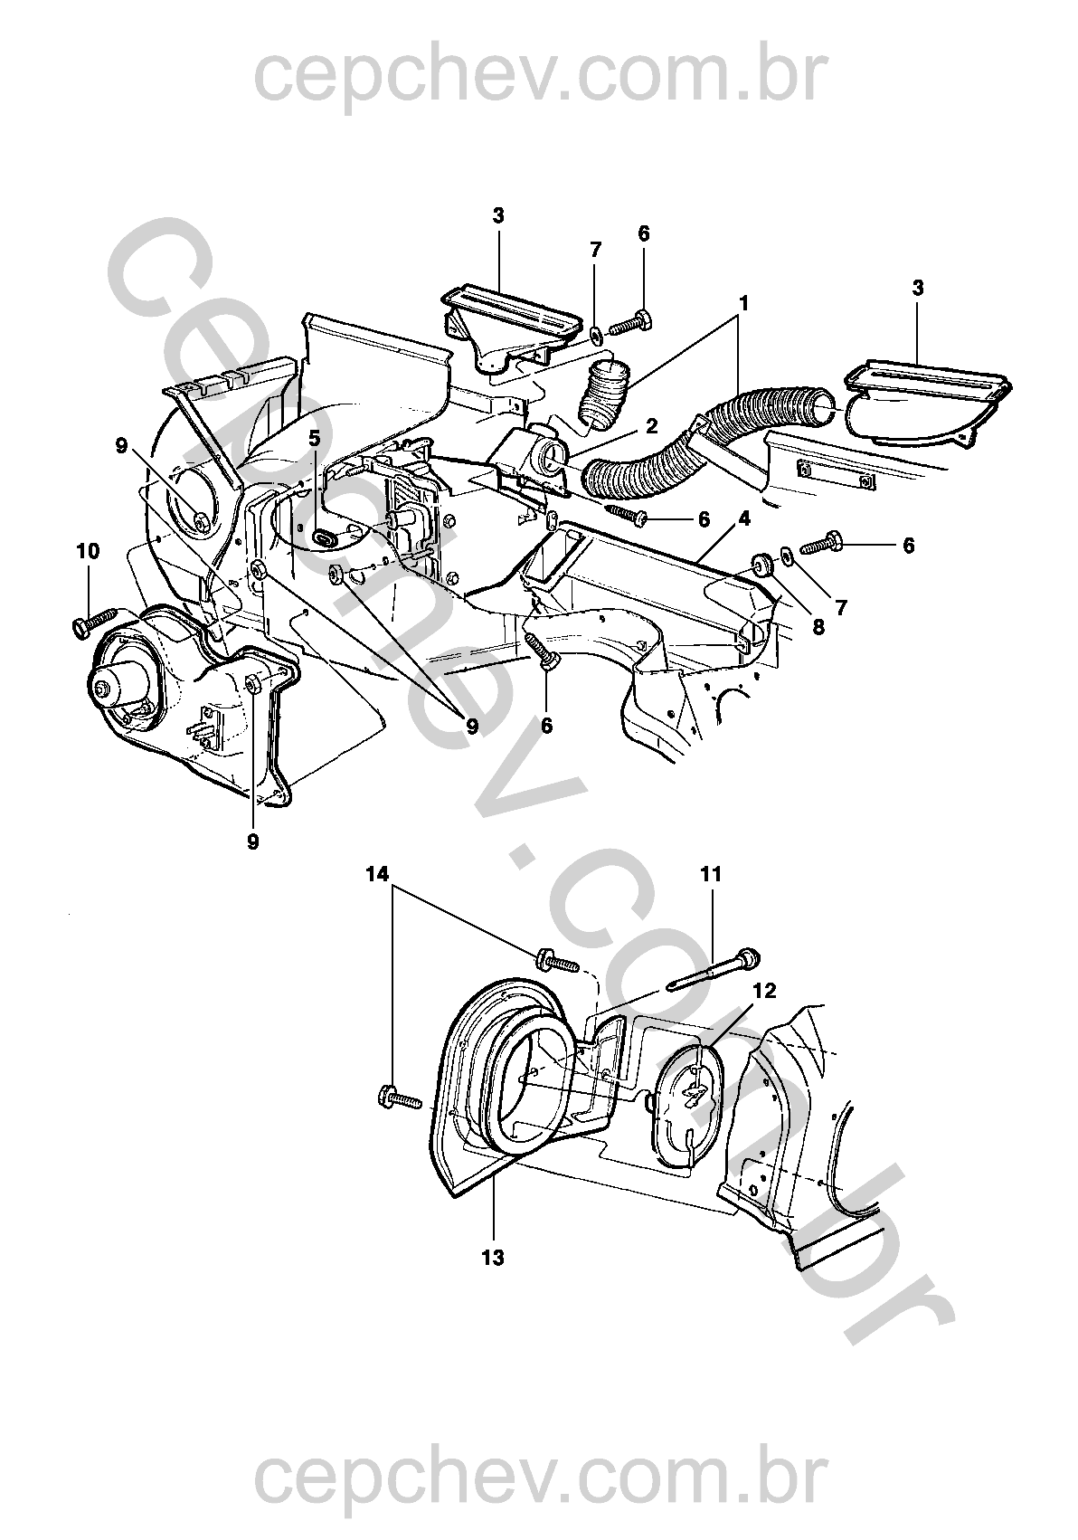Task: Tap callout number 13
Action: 494,1257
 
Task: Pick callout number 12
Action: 763,991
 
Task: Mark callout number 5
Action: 314,438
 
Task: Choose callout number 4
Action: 743,520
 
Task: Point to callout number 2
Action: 651,423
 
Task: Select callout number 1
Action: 742,303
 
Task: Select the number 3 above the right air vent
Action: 918,288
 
